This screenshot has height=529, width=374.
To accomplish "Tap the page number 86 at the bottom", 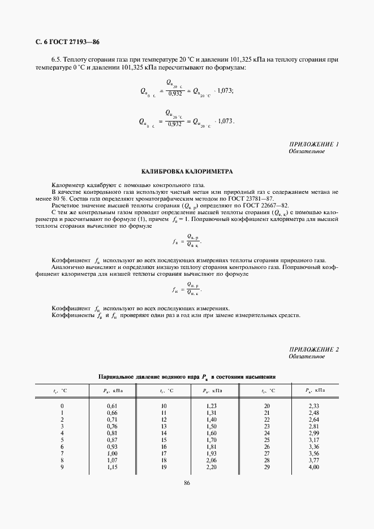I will point(187,482).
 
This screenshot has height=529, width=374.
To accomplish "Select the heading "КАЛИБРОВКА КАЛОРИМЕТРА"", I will point(187,171).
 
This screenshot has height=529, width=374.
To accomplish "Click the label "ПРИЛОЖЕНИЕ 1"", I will point(313,145).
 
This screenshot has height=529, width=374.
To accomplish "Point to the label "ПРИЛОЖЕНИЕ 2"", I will point(313,350).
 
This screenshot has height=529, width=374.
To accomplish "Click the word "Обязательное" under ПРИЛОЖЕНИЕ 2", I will point(306,357).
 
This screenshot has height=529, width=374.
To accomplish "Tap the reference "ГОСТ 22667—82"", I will point(268,205).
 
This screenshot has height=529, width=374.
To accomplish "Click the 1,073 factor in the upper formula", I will point(225,90).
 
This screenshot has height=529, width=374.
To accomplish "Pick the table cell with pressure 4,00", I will point(314,467).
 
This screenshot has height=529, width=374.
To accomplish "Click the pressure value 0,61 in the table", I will point(112,406).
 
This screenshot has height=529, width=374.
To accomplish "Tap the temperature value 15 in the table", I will point(164,440).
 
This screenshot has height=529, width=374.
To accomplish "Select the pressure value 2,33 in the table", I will point(314,406).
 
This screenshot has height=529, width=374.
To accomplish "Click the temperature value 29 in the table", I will point(267,467).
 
